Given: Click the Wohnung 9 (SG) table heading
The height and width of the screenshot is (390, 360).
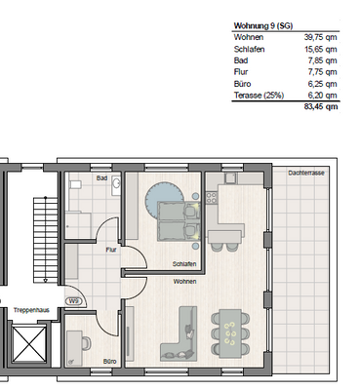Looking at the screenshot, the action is (x=263, y=26).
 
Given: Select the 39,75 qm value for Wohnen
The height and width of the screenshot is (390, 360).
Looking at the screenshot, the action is (x=320, y=37).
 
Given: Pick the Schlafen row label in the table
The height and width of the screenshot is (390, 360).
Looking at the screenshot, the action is (x=249, y=50).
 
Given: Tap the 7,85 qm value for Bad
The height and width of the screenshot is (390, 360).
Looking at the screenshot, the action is (x=322, y=60).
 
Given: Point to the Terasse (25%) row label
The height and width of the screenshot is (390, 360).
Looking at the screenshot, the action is (x=259, y=96).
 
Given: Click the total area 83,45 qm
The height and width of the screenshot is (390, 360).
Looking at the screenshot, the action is (x=321, y=106).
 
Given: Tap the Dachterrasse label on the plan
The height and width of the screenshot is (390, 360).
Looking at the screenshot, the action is (x=306, y=173).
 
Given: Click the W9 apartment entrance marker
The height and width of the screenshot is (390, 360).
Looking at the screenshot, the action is (x=74, y=301).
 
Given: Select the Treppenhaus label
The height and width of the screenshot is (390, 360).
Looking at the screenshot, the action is (x=31, y=310).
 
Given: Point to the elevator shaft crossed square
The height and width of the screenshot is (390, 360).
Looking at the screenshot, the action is (x=29, y=343).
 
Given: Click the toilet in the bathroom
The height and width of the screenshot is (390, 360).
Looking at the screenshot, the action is (x=75, y=185).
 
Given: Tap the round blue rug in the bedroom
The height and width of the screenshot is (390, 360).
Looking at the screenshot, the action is (x=163, y=199).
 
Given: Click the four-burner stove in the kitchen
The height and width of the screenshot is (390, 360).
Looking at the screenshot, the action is (x=212, y=198).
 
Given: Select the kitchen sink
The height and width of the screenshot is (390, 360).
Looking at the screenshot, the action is (x=231, y=178).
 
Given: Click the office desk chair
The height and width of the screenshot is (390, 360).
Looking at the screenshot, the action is (x=87, y=343).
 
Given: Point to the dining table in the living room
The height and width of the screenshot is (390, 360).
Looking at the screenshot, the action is (x=230, y=333).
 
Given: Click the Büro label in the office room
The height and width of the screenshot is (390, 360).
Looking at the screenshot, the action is (x=109, y=362).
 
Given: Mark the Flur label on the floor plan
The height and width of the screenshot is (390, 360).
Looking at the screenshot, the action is (x=111, y=250).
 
